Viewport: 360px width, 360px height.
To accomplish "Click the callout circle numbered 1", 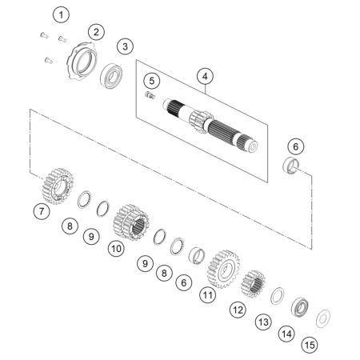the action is [61, 15].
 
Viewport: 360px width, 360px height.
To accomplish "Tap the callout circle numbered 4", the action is [205, 77].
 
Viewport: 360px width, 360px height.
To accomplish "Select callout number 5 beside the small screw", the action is [152, 81].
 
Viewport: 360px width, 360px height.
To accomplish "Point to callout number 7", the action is [42, 211].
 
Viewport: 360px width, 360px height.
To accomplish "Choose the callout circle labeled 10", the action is [116, 249].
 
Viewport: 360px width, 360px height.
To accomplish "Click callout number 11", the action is [208, 295].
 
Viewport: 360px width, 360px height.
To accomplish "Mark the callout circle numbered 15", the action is [310, 345].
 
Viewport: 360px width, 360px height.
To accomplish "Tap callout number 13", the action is [263, 322].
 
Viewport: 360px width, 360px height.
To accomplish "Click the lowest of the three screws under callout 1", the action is [48, 61].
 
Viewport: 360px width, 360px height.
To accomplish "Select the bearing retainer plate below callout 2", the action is [81, 60].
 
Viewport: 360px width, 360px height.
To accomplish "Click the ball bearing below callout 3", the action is [111, 76].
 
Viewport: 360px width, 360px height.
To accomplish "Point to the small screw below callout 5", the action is [150, 95].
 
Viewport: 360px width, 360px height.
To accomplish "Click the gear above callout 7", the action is [58, 186].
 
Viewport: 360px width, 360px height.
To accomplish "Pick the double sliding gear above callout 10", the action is [130, 222].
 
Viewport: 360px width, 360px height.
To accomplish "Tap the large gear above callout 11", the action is [223, 270].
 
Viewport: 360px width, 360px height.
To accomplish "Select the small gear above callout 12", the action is [253, 284].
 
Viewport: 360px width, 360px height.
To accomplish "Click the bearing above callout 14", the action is [300, 307].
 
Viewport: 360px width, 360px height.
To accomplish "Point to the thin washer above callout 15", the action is [323, 318].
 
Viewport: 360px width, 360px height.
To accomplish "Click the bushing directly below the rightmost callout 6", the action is [291, 166].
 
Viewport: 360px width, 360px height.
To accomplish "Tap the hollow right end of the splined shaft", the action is [252, 146].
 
